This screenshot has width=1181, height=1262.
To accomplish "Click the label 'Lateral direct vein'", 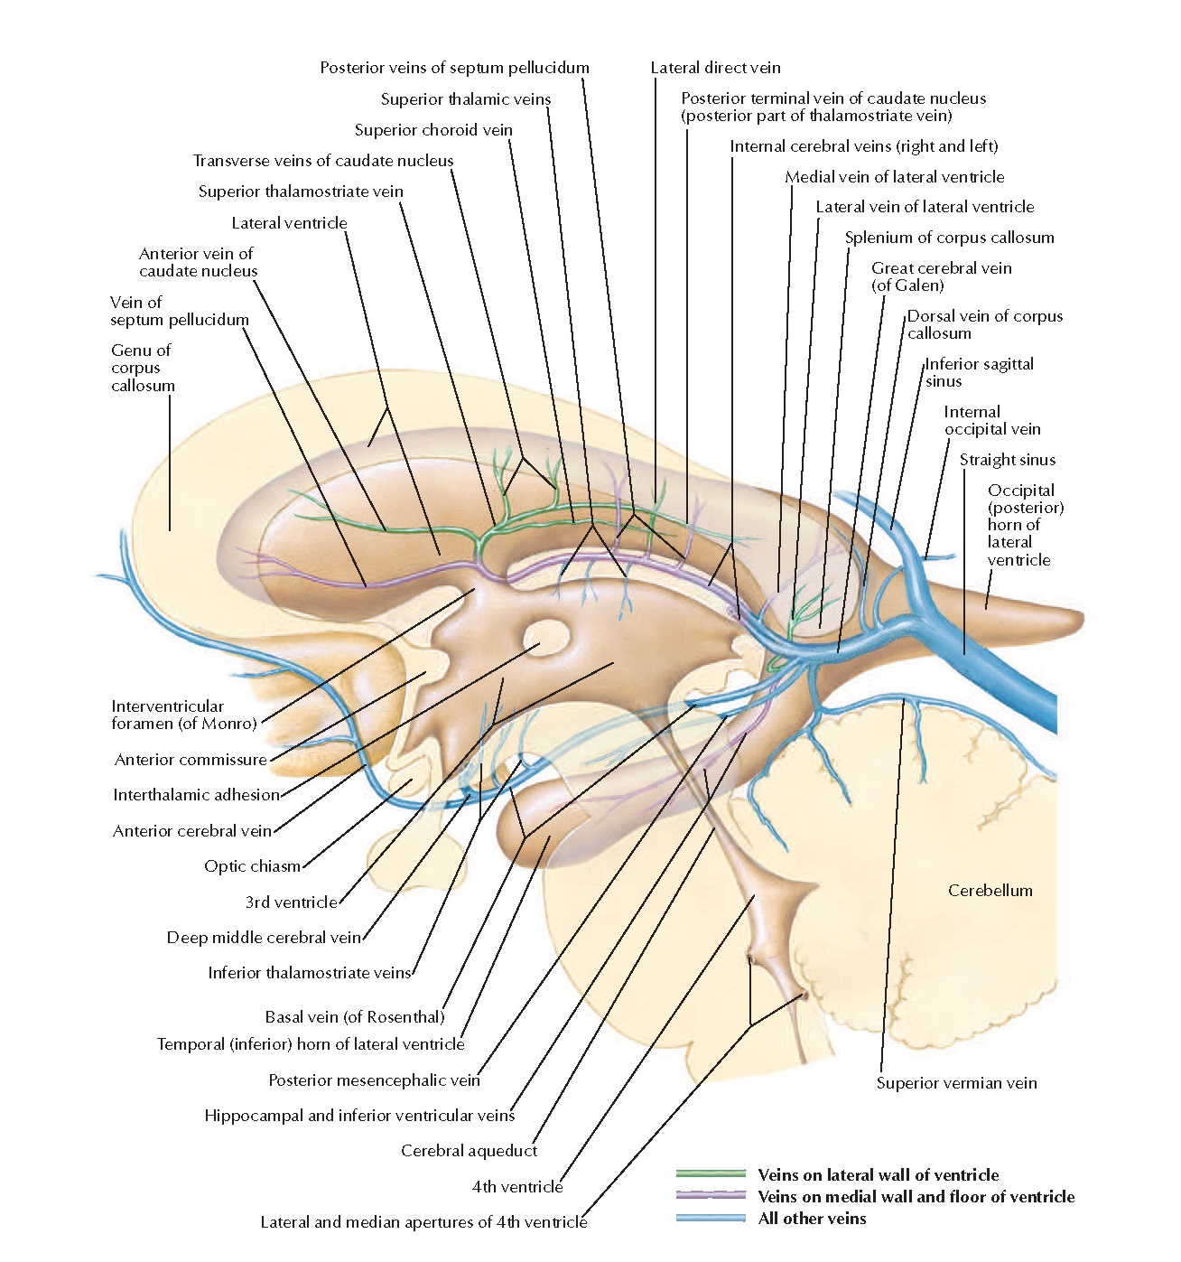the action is [715, 68].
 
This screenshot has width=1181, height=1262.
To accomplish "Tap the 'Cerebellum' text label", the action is [990, 890].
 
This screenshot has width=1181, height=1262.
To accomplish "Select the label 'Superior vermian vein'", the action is [956, 1083].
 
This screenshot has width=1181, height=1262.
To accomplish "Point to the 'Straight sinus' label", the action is [1008, 460].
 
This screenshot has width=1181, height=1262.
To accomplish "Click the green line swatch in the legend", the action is [711, 1173].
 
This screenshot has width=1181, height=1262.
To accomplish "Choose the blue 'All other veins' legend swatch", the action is [711, 1218].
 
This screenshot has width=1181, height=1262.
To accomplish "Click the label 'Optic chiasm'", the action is [252, 866].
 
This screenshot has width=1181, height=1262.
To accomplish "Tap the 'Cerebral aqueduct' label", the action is [469, 1151].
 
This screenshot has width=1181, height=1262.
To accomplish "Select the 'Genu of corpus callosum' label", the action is [143, 368].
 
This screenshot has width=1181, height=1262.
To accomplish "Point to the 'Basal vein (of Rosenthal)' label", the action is [355, 1016].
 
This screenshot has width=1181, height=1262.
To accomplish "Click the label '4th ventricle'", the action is [517, 1186].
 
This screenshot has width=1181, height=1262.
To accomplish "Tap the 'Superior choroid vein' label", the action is [433, 129].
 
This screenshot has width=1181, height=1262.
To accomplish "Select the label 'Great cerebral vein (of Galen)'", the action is [942, 276].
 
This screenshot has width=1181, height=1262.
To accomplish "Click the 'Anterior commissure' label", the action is [191, 760].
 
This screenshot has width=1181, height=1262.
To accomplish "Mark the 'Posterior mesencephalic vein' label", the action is [374, 1080].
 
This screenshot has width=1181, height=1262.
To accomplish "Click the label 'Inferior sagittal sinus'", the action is [979, 372].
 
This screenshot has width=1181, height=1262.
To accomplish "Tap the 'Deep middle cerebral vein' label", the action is [264, 938].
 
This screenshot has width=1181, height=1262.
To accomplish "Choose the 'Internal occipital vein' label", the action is [991, 420].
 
